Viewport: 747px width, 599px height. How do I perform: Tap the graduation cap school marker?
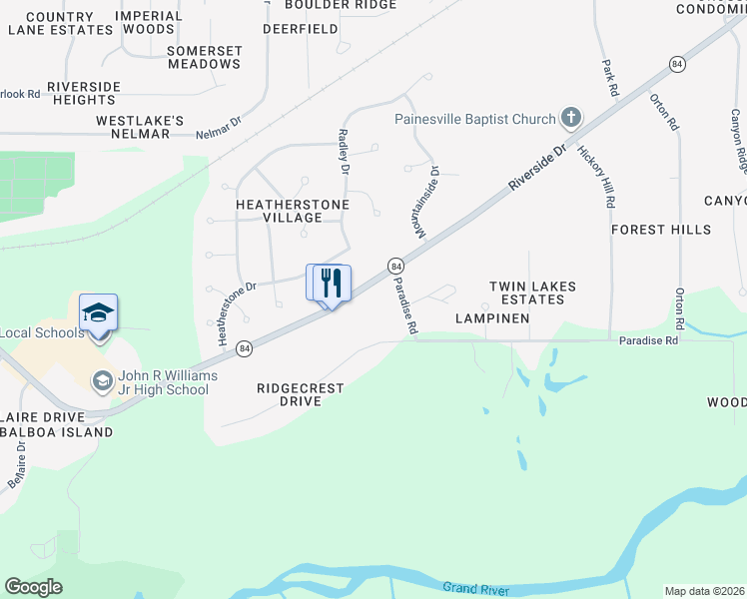pyautogui.click(x=99, y=314)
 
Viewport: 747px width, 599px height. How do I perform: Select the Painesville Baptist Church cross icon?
pyautogui.click(x=570, y=120)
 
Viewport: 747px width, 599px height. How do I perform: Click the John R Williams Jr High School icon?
pyautogui.click(x=102, y=381)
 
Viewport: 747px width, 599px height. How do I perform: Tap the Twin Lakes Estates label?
pyautogui.click(x=532, y=294)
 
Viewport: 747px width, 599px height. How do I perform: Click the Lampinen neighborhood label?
pyautogui.click(x=490, y=318)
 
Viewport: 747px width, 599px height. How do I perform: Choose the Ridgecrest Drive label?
pyautogui.click(x=300, y=394)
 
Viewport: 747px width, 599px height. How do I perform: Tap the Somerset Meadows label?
pyautogui.click(x=205, y=57)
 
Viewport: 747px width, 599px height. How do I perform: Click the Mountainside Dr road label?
pyautogui.click(x=422, y=204)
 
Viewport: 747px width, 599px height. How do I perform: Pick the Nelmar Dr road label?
pyautogui.click(x=219, y=128)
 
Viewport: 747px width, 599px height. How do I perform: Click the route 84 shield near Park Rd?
pyautogui.click(x=677, y=64)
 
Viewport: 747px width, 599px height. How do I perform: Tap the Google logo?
pyautogui.click(x=34, y=587)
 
